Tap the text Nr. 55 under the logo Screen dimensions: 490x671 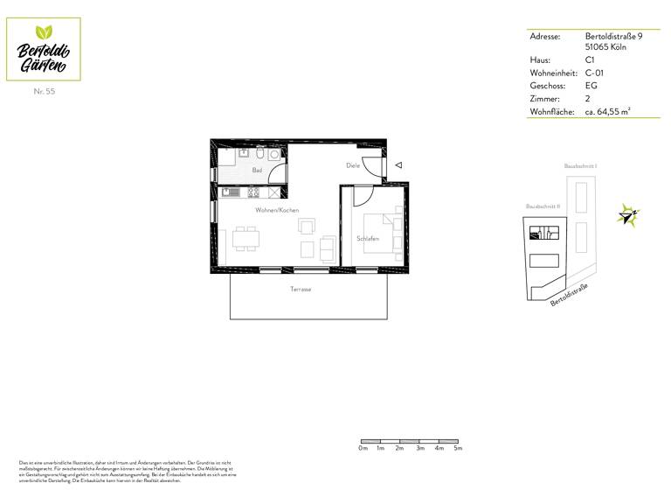[x=44, y=91]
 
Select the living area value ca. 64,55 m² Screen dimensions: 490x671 [x=608, y=112]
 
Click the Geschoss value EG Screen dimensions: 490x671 [x=591, y=86]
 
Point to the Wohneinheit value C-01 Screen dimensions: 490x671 [x=596, y=73]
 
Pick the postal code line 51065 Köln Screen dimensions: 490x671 [x=605, y=47]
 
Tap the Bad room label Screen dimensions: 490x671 [x=257, y=170]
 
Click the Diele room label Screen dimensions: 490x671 [x=353, y=164]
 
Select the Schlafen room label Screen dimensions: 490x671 [x=368, y=238]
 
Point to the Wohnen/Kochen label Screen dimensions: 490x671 [x=277, y=210]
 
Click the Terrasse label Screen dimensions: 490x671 [x=301, y=289]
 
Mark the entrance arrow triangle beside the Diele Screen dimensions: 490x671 [x=398, y=164]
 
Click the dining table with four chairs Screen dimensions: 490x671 [x=246, y=238]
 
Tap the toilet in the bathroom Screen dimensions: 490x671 [x=275, y=156]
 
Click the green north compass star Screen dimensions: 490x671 [x=628, y=213]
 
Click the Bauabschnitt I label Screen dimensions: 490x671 [x=581, y=164]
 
